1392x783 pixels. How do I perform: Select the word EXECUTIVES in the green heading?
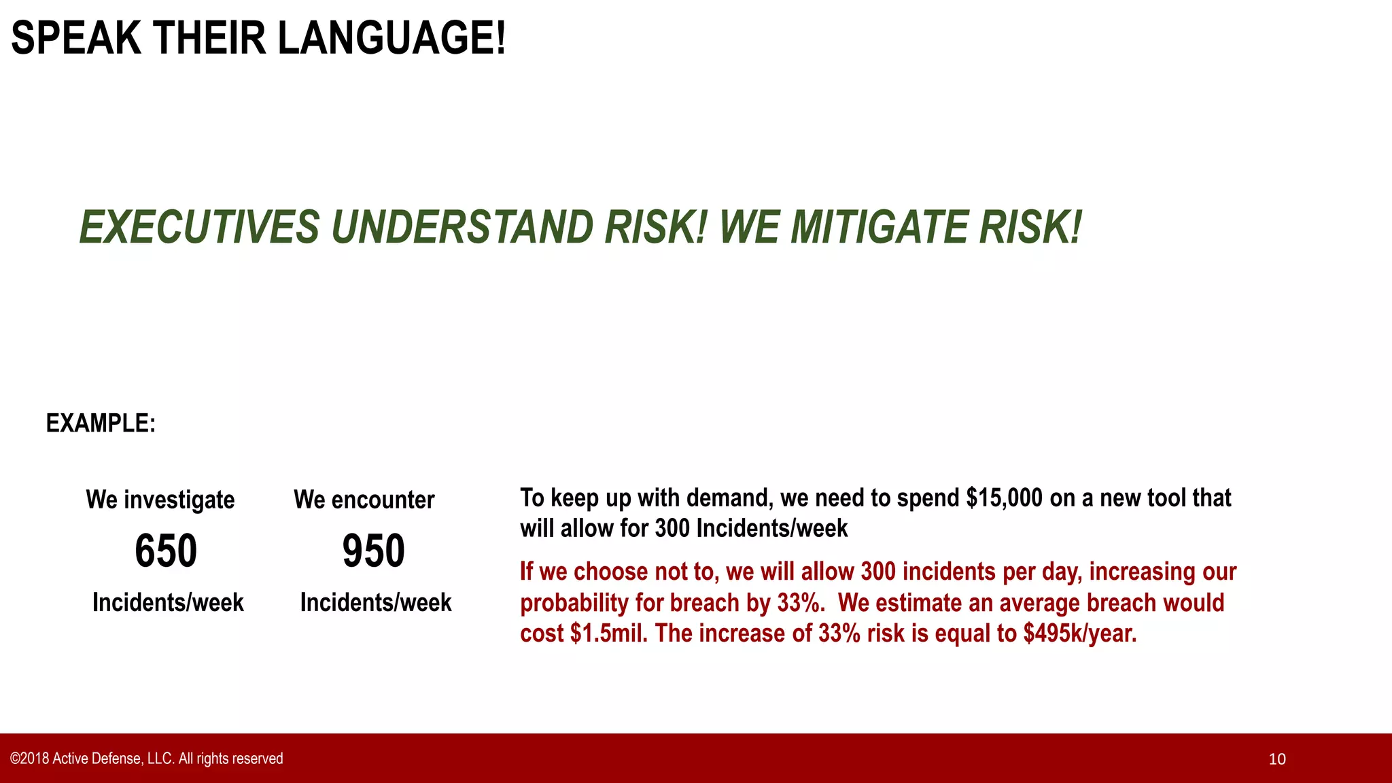pos(199,227)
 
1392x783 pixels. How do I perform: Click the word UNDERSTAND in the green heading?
pos(462,227)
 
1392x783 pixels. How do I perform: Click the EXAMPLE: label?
pos(101,423)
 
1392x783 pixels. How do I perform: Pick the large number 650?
pos(166,551)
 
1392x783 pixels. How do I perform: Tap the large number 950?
pos(374,551)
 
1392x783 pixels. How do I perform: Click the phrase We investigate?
pos(160,500)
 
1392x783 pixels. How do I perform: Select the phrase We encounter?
pos(364,500)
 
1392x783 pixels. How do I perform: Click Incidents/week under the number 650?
pos(168,602)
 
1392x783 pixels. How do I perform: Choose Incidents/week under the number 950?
pos(376,602)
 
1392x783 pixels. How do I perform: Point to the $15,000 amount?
pos(1004,498)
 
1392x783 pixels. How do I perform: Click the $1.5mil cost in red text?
pos(609,633)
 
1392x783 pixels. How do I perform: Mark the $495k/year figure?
pos(1080,633)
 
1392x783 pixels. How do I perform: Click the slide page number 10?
pos(1277,759)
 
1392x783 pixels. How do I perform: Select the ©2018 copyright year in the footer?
pos(29,759)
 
